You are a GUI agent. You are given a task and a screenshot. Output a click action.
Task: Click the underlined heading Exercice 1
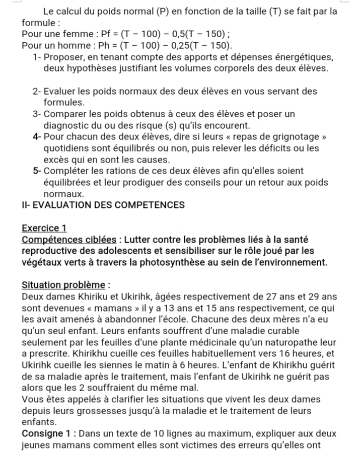tap(44, 228)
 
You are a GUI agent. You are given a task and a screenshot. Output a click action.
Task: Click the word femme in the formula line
tap(79, 34)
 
